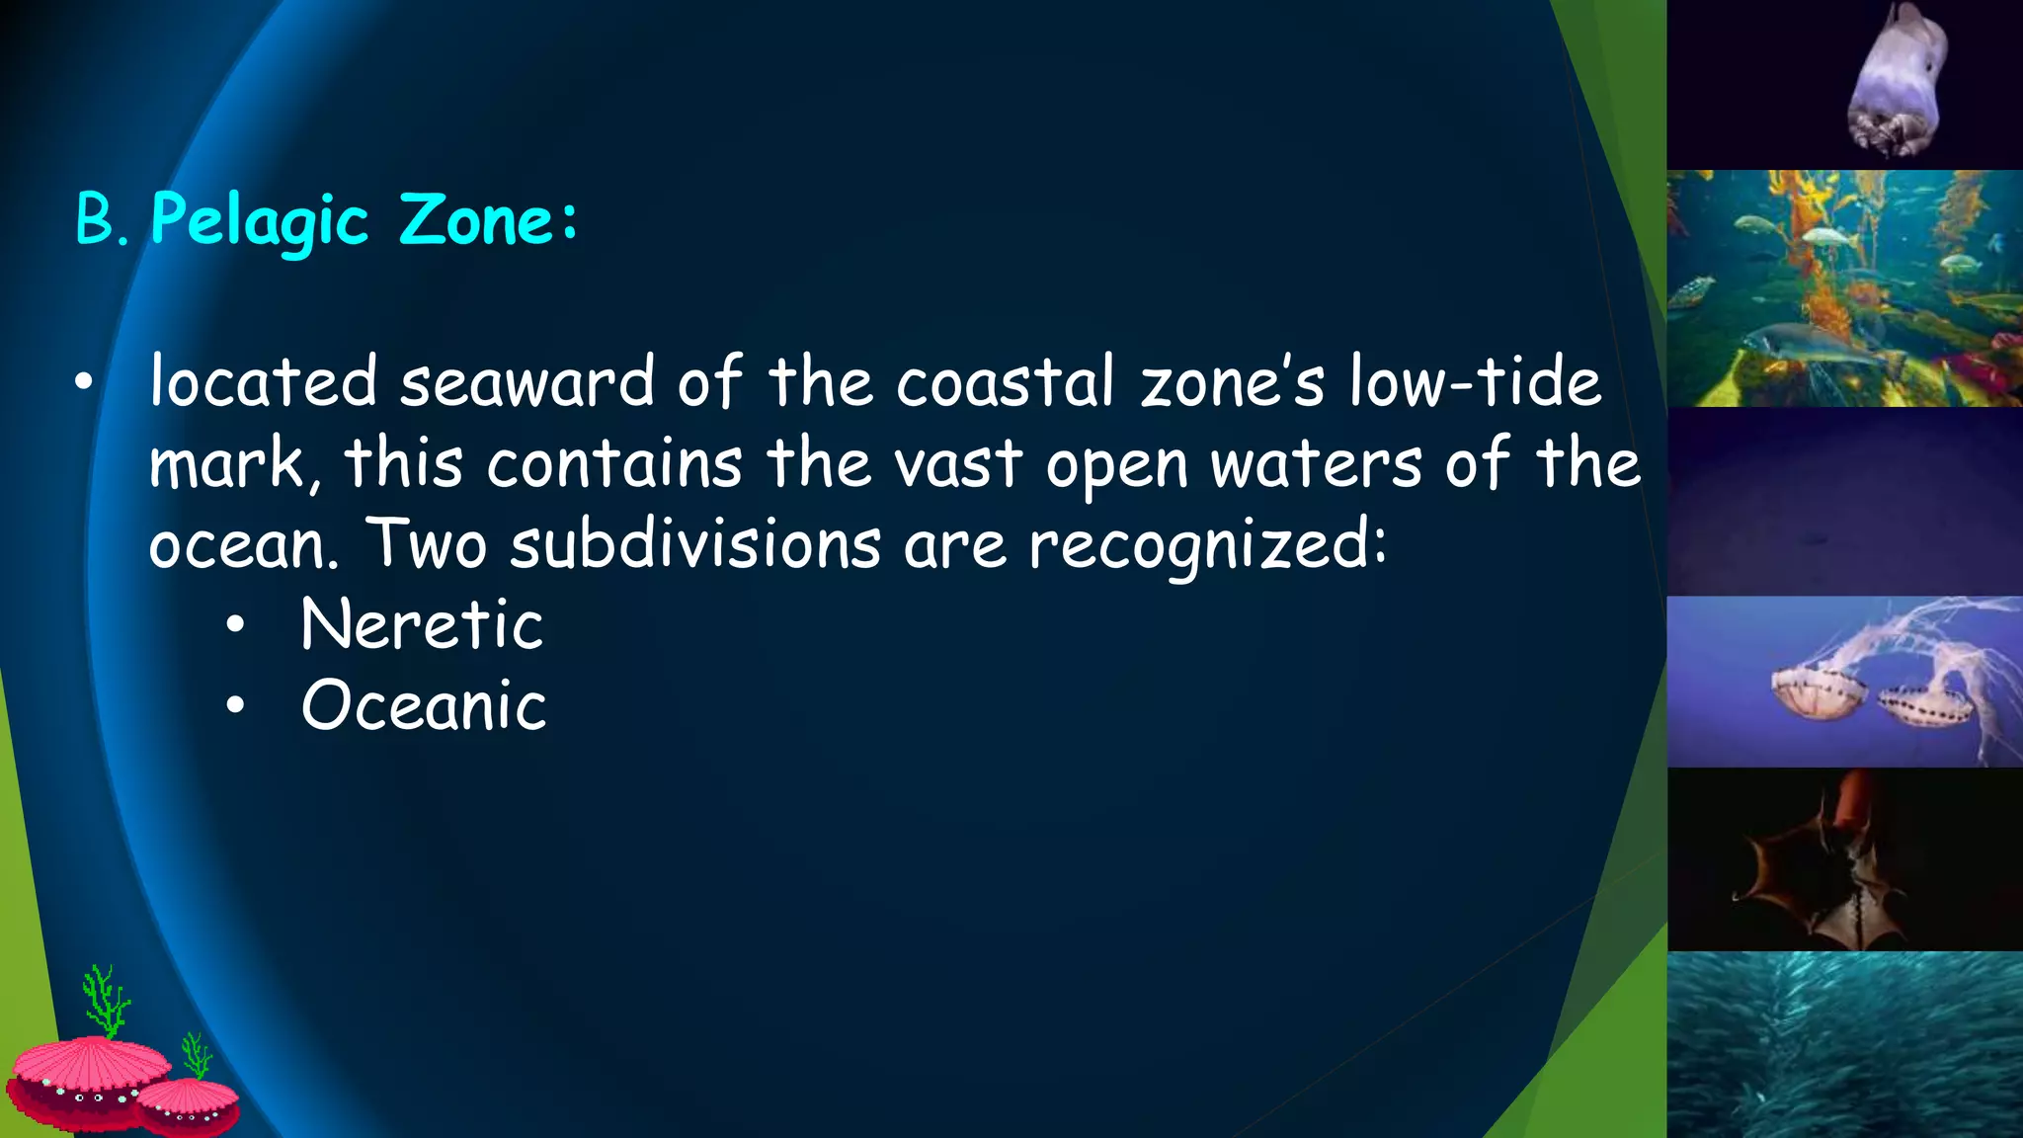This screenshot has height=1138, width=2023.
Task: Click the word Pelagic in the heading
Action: click(x=259, y=220)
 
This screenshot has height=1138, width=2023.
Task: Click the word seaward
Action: click(x=526, y=382)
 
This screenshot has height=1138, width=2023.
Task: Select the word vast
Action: click(x=957, y=463)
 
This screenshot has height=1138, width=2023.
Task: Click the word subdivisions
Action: click(x=694, y=544)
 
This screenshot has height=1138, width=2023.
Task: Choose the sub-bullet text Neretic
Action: click(x=422, y=624)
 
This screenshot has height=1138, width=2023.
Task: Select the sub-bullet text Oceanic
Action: click(x=424, y=705)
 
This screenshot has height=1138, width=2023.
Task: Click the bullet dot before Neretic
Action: click(x=234, y=625)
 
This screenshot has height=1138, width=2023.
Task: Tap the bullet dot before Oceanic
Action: click(x=234, y=706)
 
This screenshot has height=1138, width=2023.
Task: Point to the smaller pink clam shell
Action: click(x=188, y=1104)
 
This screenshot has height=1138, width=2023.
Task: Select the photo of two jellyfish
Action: click(x=1844, y=682)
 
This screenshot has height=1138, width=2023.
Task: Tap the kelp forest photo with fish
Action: click(x=1844, y=288)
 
